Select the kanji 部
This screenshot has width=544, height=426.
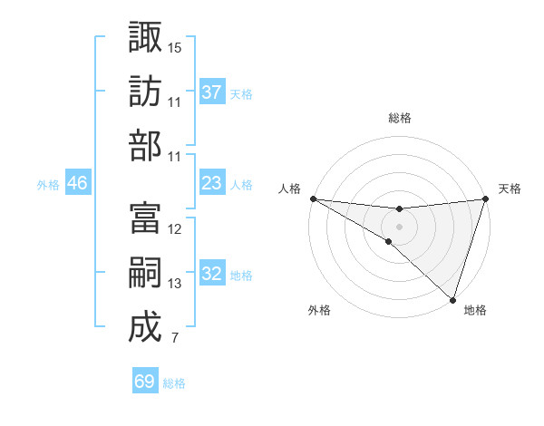pyautogui.click(x=145, y=145)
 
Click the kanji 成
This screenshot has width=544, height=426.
pyautogui.click(x=145, y=326)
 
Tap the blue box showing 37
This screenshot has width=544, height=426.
pyautogui.click(x=212, y=92)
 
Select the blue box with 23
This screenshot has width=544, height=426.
pyautogui.click(x=212, y=183)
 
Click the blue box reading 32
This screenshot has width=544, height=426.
pyautogui.click(x=212, y=274)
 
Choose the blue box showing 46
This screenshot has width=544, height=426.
pyautogui.click(x=77, y=183)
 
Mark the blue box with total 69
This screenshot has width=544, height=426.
pyautogui.click(x=145, y=382)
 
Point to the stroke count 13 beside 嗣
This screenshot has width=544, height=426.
pyautogui.click(x=175, y=284)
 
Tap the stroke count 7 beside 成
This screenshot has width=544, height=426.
pyautogui.click(x=174, y=339)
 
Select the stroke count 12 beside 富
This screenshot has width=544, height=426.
pyautogui.click(x=175, y=229)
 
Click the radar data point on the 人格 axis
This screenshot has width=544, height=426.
pyautogui.click(x=313, y=198)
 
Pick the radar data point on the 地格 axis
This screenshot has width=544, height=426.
pyautogui.click(x=452, y=300)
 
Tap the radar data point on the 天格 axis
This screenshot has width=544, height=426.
pyautogui.click(x=485, y=198)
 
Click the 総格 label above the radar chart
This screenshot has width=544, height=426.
pyautogui.click(x=399, y=118)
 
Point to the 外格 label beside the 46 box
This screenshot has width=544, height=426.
pyautogui.click(x=48, y=184)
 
